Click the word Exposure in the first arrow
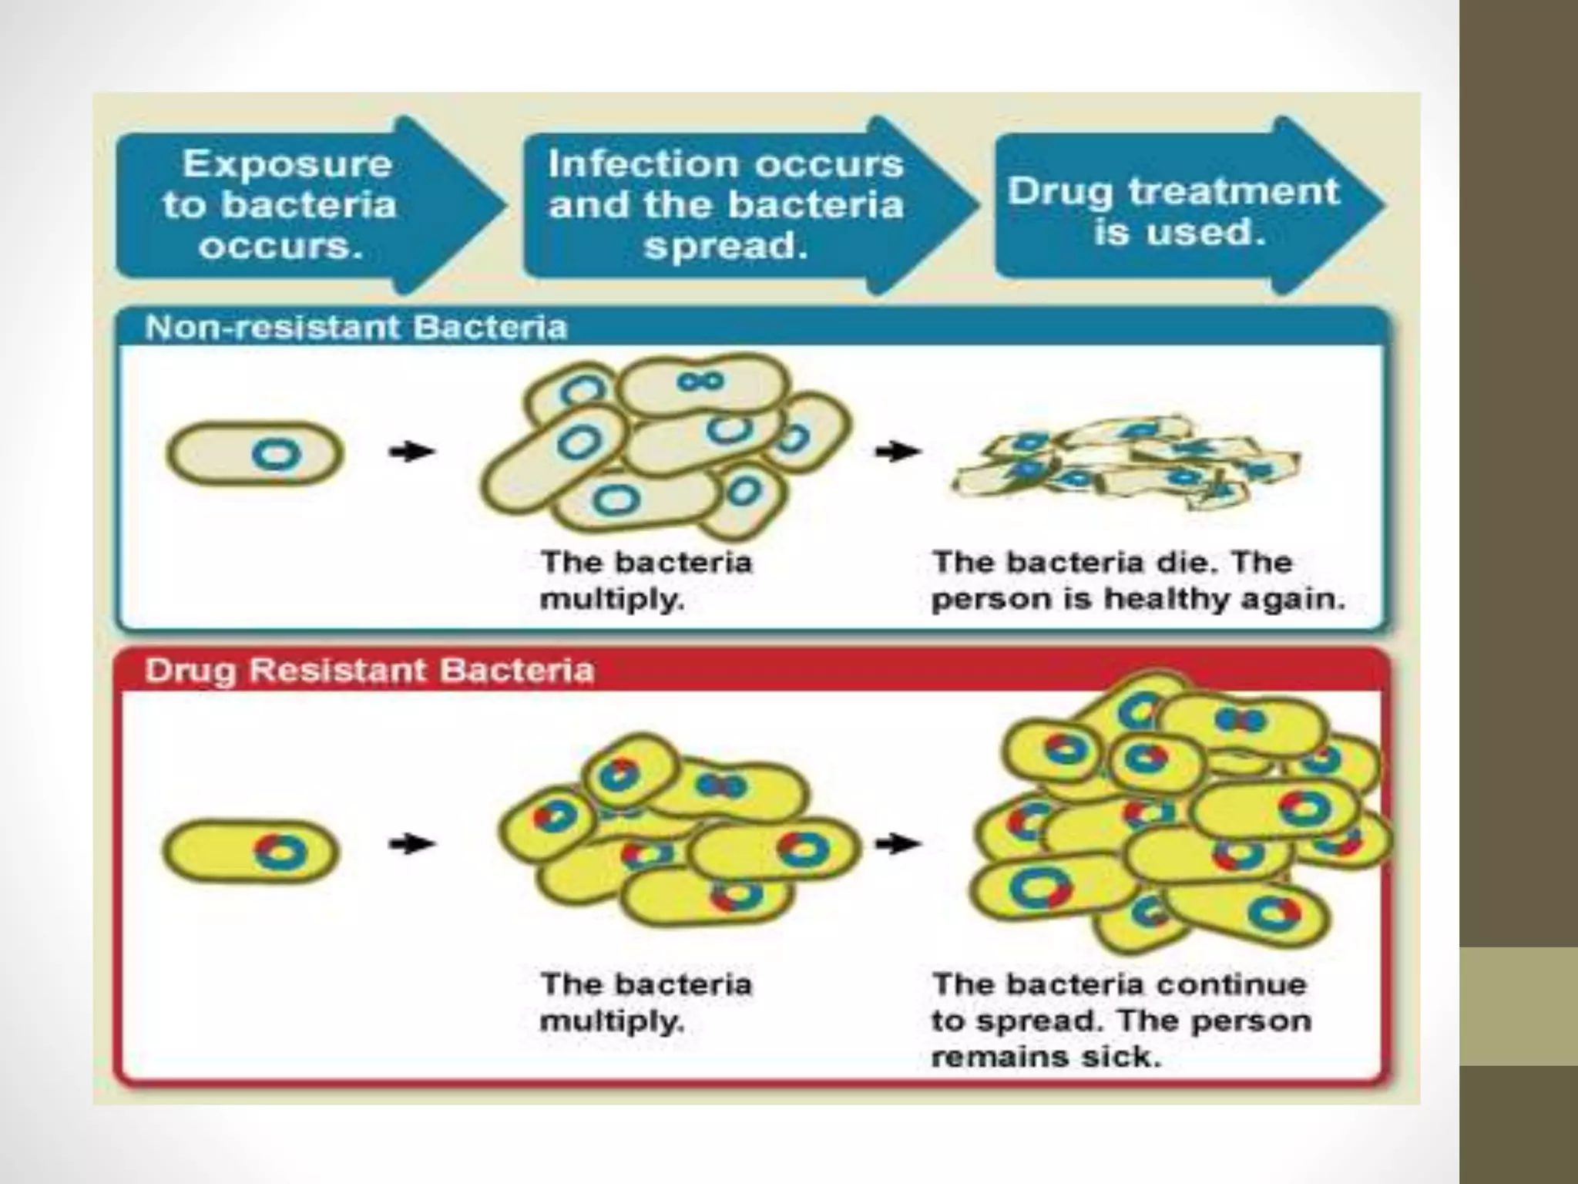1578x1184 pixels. click(x=287, y=165)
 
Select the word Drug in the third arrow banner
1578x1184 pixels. click(x=1060, y=192)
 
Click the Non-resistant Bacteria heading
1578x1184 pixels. click(x=356, y=328)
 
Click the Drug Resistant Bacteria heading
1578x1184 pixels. click(x=370, y=670)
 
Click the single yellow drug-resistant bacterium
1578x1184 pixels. click(x=250, y=852)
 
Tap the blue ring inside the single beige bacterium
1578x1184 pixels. click(x=276, y=454)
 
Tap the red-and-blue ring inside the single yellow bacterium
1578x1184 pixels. click(x=280, y=852)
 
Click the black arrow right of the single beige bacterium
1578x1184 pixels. click(x=411, y=452)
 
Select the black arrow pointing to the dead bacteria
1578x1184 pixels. click(x=898, y=451)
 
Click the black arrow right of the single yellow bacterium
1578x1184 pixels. click(x=411, y=844)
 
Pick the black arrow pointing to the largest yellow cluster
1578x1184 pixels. click(x=898, y=844)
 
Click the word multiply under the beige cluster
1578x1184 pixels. click(x=612, y=599)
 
